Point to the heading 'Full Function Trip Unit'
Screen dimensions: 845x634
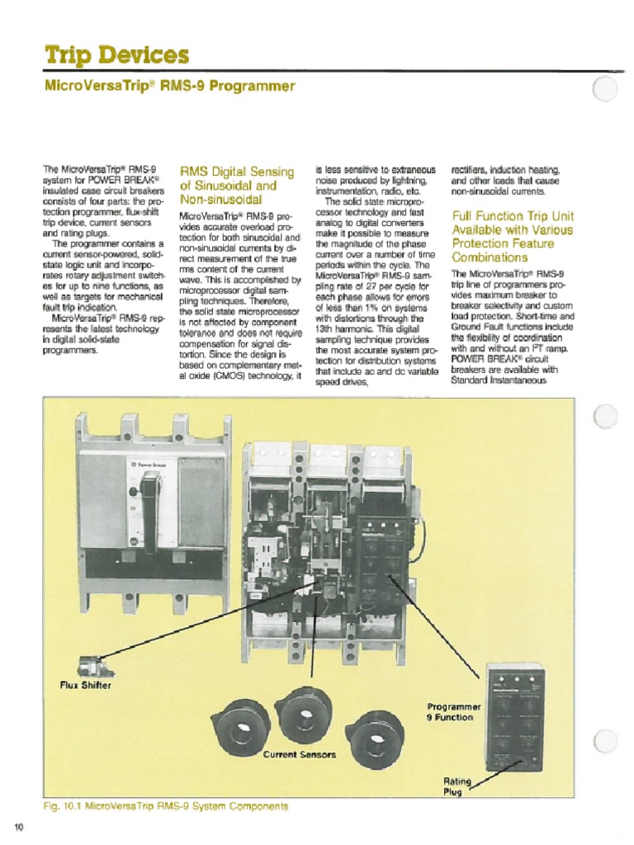pyautogui.click(x=513, y=216)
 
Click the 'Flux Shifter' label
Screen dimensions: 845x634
pyautogui.click(x=85, y=684)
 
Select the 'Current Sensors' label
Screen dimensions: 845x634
pyautogui.click(x=300, y=754)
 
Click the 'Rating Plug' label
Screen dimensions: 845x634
pyautogui.click(x=457, y=786)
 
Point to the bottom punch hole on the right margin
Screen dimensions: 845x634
pyautogui.click(x=605, y=741)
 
